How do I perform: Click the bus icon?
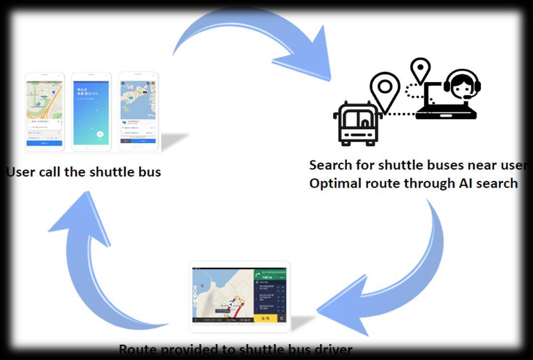point(358,123)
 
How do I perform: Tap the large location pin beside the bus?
point(385,91)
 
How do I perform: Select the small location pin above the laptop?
point(420,69)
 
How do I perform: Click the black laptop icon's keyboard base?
point(446,116)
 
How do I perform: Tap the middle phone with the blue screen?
point(91,111)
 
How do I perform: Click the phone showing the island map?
point(138,111)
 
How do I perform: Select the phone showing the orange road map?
point(45,112)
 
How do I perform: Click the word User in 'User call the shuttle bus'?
point(22,172)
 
